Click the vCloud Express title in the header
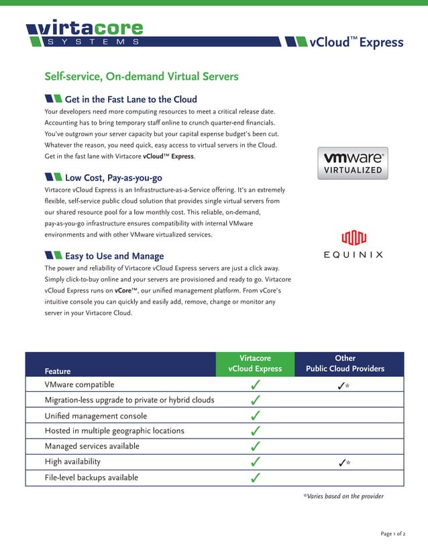[x=356, y=42]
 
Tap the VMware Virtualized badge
[x=352, y=164]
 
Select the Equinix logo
[x=353, y=245]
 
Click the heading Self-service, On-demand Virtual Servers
[x=141, y=77]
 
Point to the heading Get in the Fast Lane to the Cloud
[x=130, y=99]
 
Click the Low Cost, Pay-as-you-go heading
[x=113, y=178]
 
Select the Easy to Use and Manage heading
[x=113, y=256]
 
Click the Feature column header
[x=58, y=370]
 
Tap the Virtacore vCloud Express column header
[x=255, y=364]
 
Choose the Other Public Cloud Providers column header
[x=345, y=364]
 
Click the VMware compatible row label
[x=79, y=385]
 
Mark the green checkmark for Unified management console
[x=255, y=416]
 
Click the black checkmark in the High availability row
[x=342, y=463]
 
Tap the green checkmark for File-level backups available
[x=255, y=478]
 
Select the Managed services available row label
[x=92, y=446]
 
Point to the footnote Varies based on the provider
[x=343, y=496]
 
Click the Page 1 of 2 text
[x=392, y=534]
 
